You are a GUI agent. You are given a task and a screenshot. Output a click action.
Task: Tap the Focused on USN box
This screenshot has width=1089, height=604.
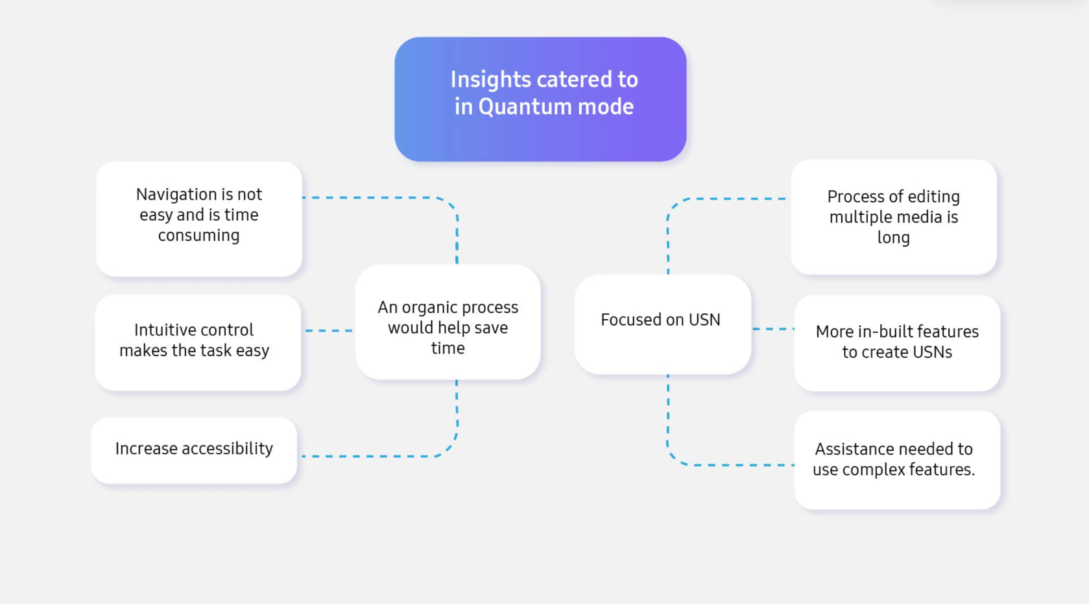(x=663, y=324)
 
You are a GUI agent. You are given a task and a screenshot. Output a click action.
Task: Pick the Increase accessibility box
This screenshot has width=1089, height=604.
(x=194, y=450)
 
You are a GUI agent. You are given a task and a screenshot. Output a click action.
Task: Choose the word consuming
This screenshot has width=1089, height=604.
(x=199, y=236)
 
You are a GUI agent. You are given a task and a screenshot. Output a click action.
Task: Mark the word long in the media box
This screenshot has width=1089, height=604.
(x=894, y=238)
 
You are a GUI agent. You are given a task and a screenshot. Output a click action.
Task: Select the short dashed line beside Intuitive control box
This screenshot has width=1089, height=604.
(x=329, y=331)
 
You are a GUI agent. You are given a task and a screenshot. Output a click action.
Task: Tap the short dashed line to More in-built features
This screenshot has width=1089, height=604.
(x=773, y=329)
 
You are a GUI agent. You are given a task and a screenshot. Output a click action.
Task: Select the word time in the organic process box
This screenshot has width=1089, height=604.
(x=448, y=348)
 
